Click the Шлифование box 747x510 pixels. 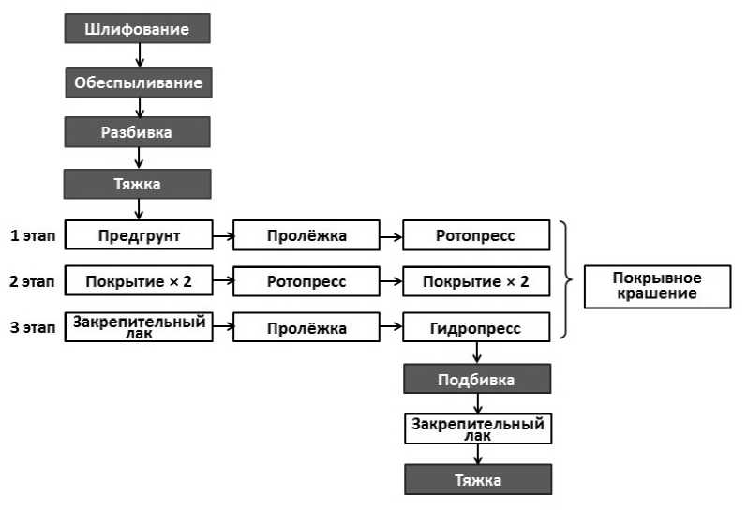137,29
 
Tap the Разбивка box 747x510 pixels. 137,132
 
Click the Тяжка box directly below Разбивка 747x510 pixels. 137,184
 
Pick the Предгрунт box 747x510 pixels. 138,235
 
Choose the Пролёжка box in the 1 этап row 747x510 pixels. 306,235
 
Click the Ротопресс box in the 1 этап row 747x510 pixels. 476,235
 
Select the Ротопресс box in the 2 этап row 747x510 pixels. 306,281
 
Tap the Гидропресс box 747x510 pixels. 476,328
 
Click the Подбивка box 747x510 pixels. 477,380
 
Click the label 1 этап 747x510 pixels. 33,235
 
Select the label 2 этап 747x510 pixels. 33,281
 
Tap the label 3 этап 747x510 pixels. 33,328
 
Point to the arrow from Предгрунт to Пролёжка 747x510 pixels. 221,235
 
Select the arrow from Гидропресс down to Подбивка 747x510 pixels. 477,352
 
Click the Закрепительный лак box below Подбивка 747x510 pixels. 477,428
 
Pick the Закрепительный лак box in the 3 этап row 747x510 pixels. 138,326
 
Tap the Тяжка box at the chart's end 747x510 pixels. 477,480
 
